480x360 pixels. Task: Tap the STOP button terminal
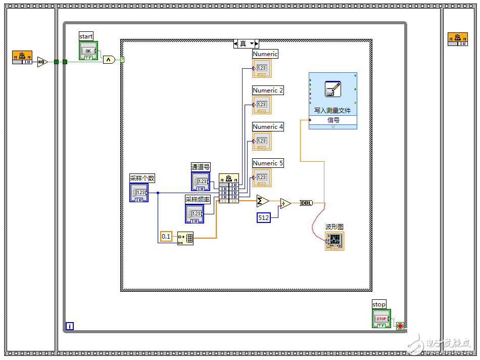(x=381, y=319)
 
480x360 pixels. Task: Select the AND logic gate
(x=109, y=60)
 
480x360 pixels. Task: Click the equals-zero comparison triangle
(x=42, y=62)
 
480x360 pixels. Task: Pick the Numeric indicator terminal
(x=262, y=68)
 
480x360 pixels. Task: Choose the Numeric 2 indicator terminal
(x=262, y=105)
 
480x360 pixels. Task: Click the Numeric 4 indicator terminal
(x=262, y=141)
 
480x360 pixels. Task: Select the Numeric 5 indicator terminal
(x=262, y=177)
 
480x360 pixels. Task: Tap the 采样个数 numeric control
(x=139, y=193)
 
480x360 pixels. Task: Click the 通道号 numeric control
(x=201, y=182)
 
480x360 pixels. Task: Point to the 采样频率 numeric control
(x=195, y=214)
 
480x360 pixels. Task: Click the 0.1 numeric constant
(x=166, y=236)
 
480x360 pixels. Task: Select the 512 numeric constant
(x=263, y=217)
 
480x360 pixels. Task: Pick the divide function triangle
(x=285, y=203)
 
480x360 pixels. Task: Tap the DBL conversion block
(x=306, y=203)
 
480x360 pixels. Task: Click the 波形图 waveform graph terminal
(x=334, y=241)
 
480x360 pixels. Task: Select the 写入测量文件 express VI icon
(x=333, y=89)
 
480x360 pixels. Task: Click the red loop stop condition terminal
(x=400, y=326)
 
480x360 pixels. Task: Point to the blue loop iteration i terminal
(x=70, y=326)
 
